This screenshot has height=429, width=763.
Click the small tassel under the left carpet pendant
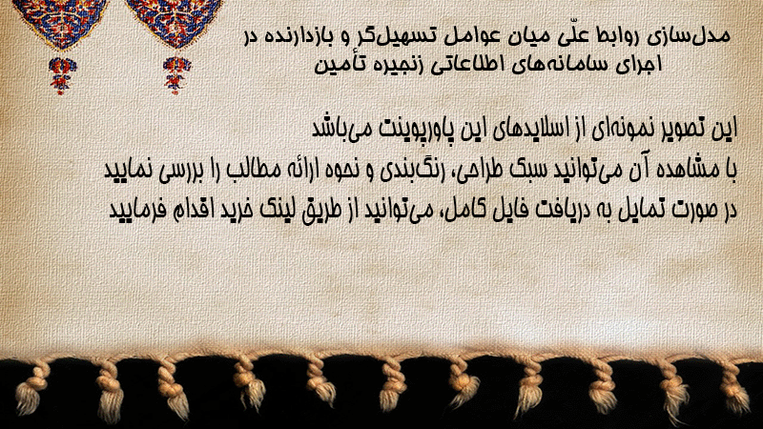pyautogui.click(x=62, y=75)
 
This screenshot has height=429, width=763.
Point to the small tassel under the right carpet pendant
pyautogui.click(x=176, y=75)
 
